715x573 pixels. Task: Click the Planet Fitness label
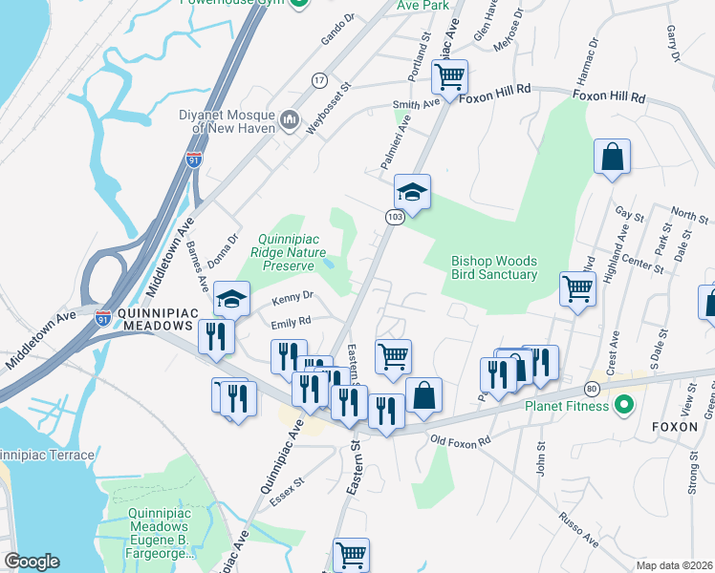click(566, 406)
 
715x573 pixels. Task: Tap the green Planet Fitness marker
click(624, 406)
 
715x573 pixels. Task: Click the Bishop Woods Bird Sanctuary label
click(494, 267)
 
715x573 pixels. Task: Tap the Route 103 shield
click(394, 219)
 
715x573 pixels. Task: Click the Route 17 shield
click(319, 80)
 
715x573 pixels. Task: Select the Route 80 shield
click(593, 389)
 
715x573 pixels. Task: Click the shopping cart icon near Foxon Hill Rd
click(449, 74)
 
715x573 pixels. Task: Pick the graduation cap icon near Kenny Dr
click(231, 298)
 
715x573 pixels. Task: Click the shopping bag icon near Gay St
click(612, 157)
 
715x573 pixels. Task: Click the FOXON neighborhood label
click(676, 427)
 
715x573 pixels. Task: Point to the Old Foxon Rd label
click(460, 440)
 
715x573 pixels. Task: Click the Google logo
click(32, 562)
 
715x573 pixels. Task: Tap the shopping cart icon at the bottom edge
click(351, 554)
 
